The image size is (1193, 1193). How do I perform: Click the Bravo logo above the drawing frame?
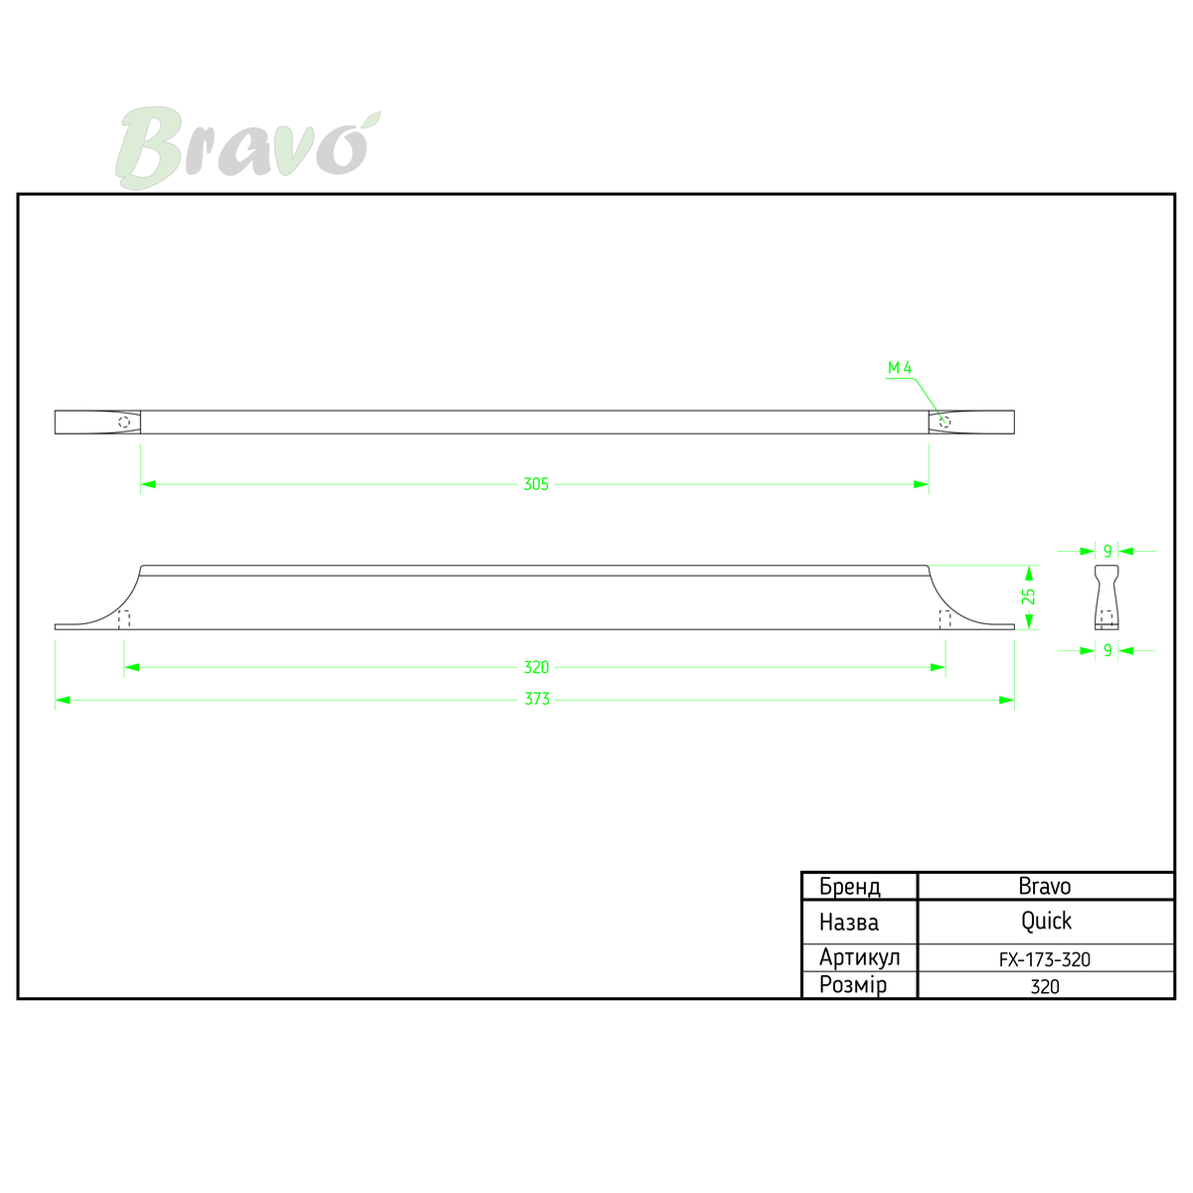(248, 147)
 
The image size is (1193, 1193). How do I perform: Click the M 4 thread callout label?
(900, 369)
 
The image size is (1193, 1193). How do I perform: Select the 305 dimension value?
(536, 484)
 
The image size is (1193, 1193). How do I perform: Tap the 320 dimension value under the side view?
(536, 667)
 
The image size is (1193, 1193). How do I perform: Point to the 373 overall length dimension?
(537, 699)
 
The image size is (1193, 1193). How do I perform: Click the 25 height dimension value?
(1028, 596)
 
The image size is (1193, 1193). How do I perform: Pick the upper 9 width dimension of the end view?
(1108, 551)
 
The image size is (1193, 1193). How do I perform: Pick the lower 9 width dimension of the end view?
(1108, 650)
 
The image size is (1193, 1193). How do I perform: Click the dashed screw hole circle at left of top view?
(124, 423)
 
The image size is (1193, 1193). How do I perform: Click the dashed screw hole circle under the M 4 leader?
(944, 423)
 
